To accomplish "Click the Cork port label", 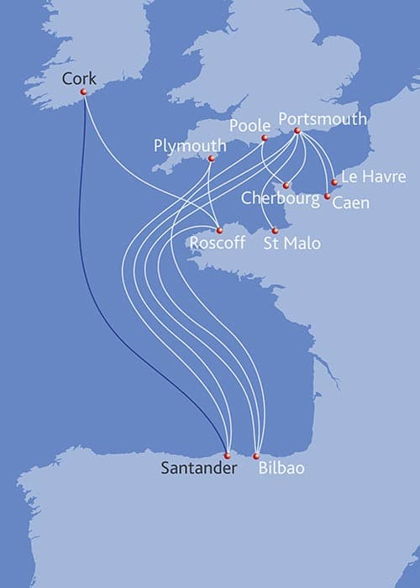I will click(80, 78).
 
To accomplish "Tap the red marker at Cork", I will click(82, 92).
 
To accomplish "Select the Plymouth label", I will click(191, 145).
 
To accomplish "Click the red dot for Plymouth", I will click(211, 159).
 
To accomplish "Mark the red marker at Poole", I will click(264, 138).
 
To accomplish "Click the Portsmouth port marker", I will click(297, 131).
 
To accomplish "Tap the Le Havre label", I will click(373, 176).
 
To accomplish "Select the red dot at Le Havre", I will click(334, 181).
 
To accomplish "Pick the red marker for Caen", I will click(327, 196).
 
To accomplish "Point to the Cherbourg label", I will click(280, 198).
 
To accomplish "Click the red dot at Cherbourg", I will click(286, 185).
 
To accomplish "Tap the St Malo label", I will click(291, 244).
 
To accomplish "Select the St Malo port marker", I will click(274, 229).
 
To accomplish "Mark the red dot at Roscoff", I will click(218, 230).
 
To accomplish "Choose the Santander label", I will click(198, 469).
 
